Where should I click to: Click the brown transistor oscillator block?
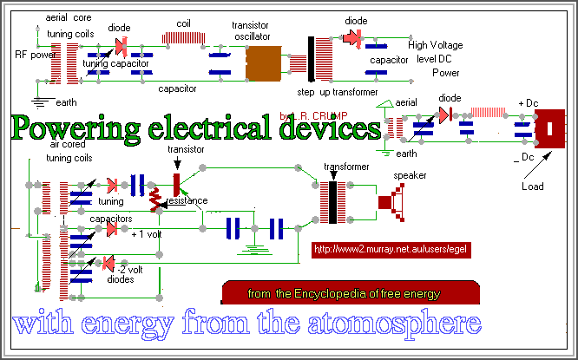pyautogui.click(x=267, y=62)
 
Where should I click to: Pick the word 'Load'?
pyautogui.click(x=534, y=186)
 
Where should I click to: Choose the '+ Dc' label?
pyautogui.click(x=528, y=104)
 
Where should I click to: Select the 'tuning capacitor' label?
pyautogui.click(x=115, y=63)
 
